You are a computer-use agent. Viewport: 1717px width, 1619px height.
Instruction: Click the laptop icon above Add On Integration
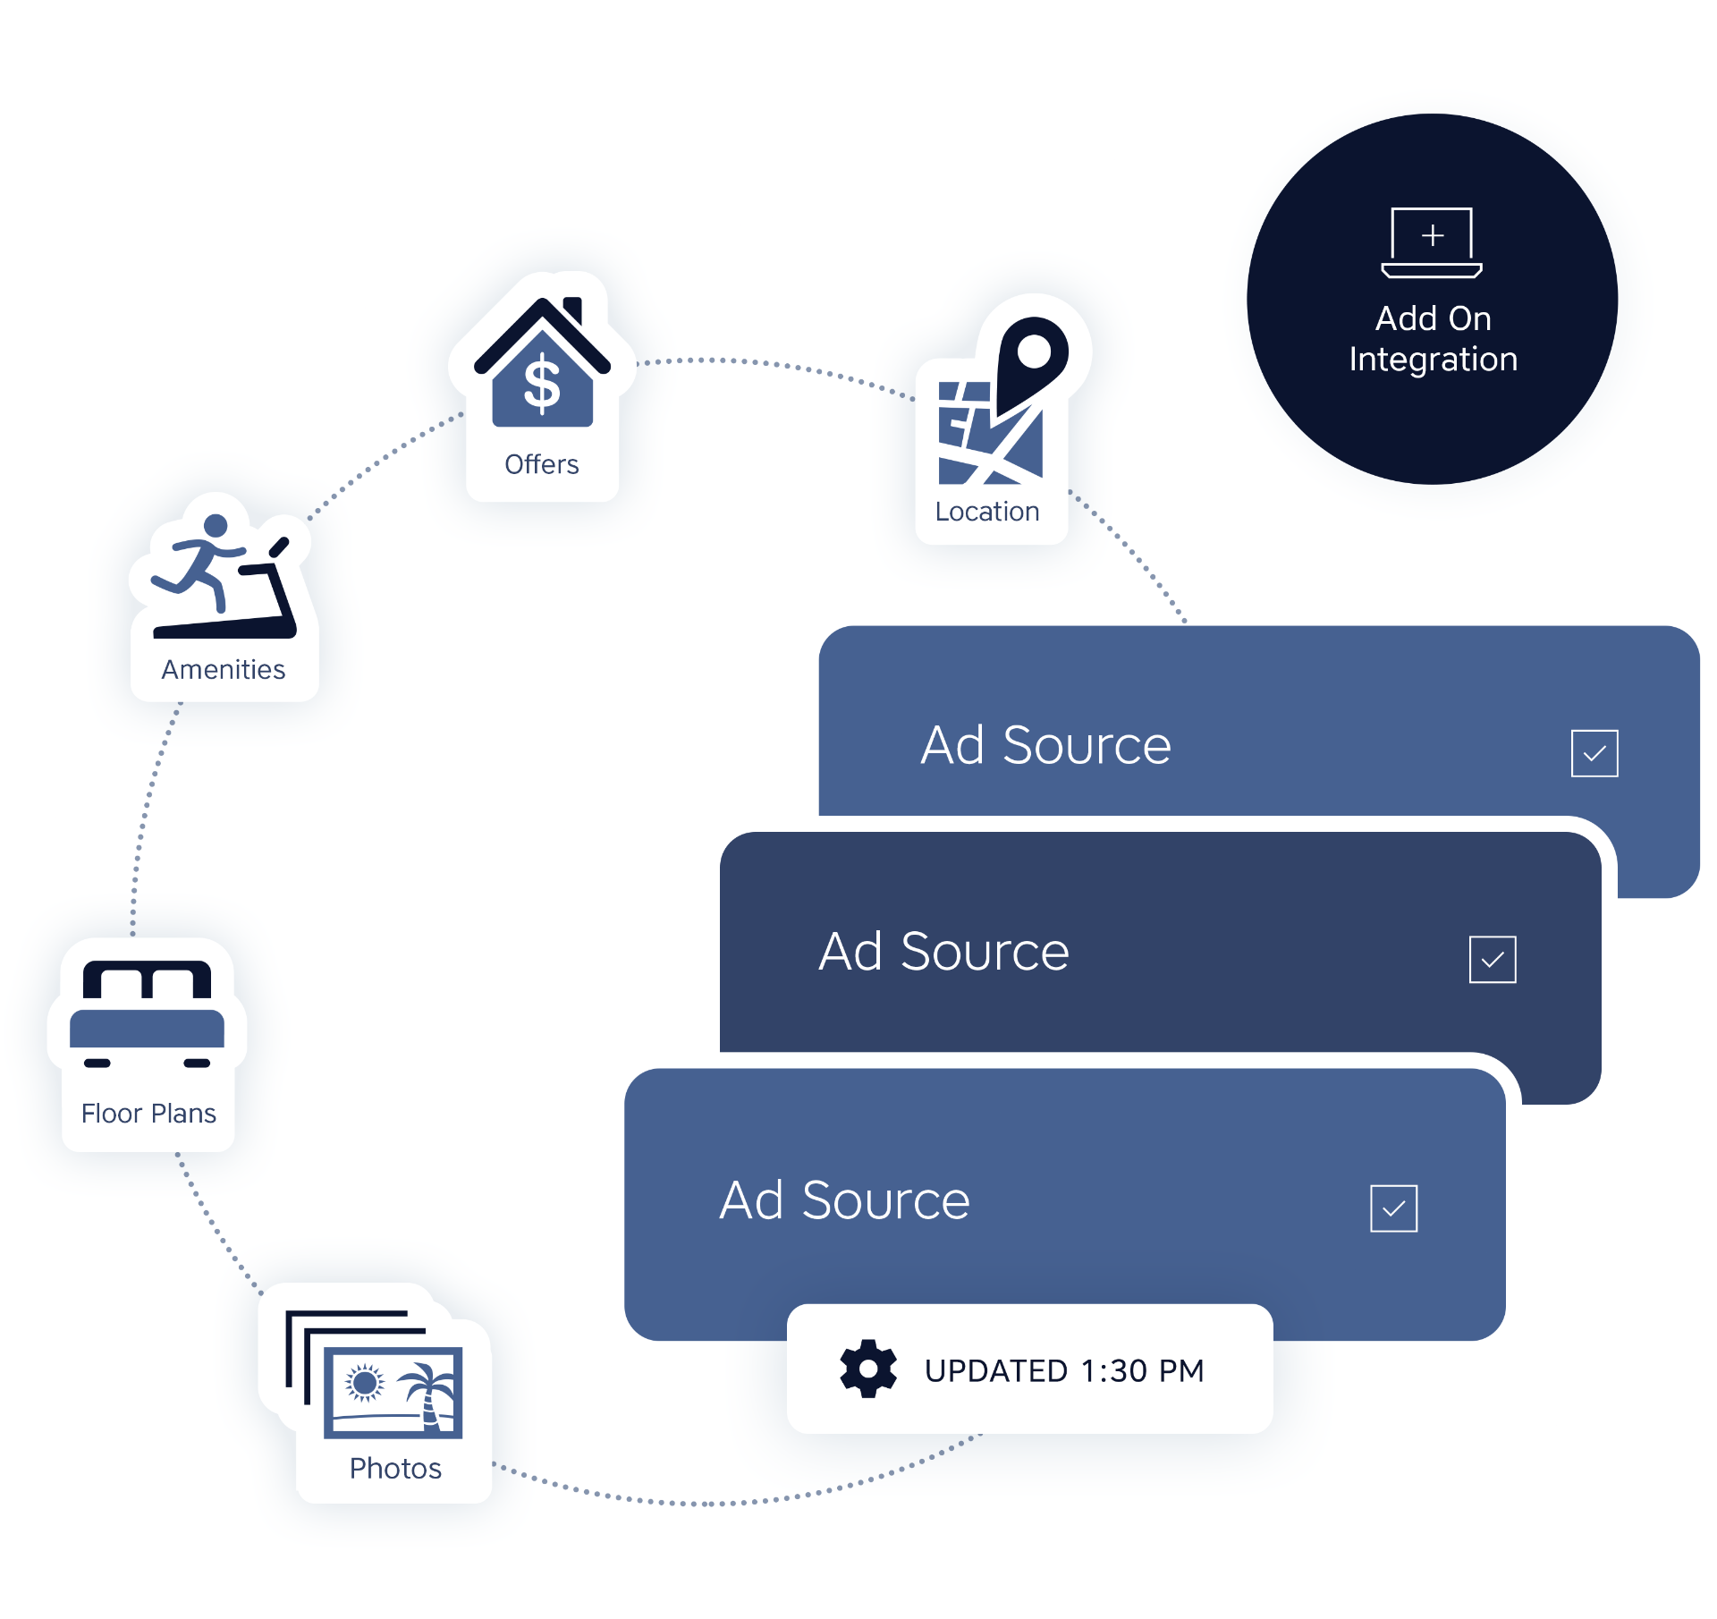click(1432, 242)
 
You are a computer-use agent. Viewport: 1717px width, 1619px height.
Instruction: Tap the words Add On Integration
click(1433, 339)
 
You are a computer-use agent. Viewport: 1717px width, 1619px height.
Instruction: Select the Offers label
click(542, 464)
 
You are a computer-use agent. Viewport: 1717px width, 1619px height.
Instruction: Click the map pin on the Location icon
click(1033, 358)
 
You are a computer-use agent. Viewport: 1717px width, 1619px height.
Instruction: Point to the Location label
click(987, 512)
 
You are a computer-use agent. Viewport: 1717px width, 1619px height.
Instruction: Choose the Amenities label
click(224, 669)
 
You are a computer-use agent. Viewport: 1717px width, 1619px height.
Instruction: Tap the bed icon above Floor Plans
click(147, 1014)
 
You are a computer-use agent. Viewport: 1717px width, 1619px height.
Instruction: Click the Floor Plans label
click(148, 1114)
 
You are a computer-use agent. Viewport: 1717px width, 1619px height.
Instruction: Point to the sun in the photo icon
click(365, 1383)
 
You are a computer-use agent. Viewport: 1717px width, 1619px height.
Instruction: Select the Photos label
click(395, 1469)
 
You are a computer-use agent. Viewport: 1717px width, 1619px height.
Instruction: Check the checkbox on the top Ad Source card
click(1594, 754)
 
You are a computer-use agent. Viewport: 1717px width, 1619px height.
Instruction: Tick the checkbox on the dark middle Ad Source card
click(1493, 960)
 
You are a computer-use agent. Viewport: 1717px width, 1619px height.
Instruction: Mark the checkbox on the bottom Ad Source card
click(1393, 1208)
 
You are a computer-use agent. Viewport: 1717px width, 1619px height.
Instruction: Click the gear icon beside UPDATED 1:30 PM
click(867, 1369)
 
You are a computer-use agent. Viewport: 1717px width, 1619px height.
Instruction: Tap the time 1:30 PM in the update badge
click(1142, 1370)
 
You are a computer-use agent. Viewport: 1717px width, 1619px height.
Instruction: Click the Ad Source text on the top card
click(1045, 745)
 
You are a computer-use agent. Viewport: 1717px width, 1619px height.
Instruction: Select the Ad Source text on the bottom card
click(844, 1200)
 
